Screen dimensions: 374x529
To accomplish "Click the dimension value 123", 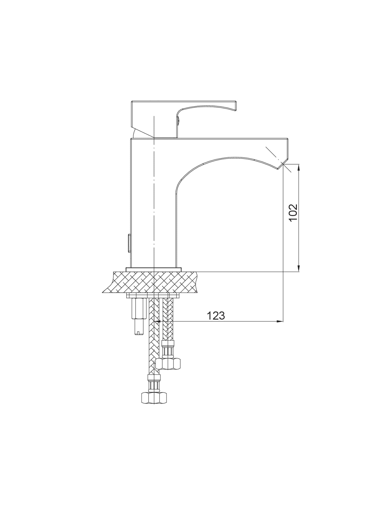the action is pyautogui.click(x=216, y=316).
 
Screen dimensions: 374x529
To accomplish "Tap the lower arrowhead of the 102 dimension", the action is pyautogui.click(x=299, y=269).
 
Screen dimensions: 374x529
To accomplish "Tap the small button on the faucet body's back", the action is pyautogui.click(x=129, y=243).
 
